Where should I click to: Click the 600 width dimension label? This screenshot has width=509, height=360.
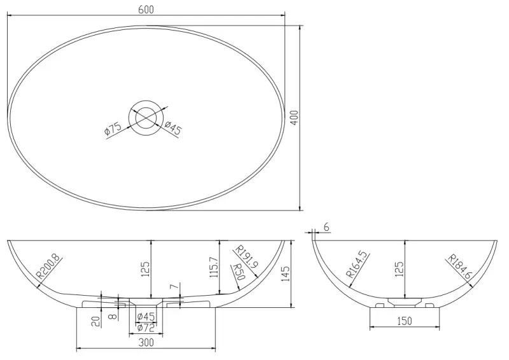tap(145, 10)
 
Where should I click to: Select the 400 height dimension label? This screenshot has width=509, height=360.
tap(294, 118)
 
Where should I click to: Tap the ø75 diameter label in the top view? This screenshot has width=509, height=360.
tap(113, 130)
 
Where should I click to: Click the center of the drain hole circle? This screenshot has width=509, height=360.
tap(146, 117)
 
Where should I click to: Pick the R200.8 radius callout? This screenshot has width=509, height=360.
tap(48, 267)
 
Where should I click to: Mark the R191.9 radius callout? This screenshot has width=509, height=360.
tap(246, 259)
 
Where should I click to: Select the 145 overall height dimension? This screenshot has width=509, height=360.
tap(286, 273)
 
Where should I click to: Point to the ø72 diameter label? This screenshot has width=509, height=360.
tap(146, 328)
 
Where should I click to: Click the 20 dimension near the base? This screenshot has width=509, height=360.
tap(95, 322)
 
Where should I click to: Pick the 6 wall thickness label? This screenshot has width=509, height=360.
tap(326, 227)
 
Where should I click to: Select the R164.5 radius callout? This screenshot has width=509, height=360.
tap(358, 265)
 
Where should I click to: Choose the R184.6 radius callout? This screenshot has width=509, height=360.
tap(459, 268)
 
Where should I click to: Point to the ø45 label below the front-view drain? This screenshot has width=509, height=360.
tap(146, 317)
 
